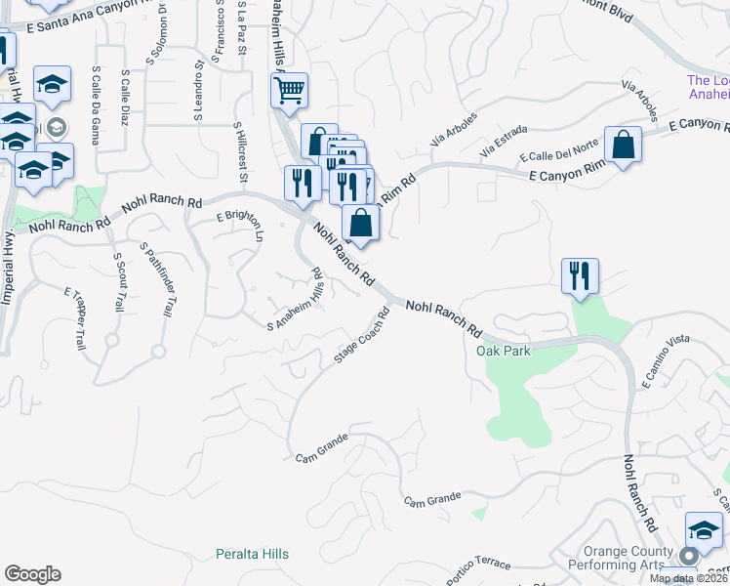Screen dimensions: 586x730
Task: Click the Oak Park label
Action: coord(503,351)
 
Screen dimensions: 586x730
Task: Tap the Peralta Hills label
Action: coord(252,554)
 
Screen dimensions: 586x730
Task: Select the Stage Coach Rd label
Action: coord(362,337)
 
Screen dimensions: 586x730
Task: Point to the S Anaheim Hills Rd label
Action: coord(296,299)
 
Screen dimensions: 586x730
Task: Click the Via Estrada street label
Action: coord(504,143)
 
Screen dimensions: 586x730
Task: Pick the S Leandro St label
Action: coord(198,93)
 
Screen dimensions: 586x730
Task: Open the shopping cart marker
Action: coord(289,92)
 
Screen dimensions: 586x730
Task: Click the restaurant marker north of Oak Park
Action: coord(580,275)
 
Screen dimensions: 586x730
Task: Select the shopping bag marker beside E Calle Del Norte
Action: coord(623,145)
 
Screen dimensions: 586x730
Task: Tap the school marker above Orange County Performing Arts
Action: coord(704,530)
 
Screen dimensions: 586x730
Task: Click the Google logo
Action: coord(32,574)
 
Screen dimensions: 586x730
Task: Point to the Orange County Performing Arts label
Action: coord(629,558)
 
